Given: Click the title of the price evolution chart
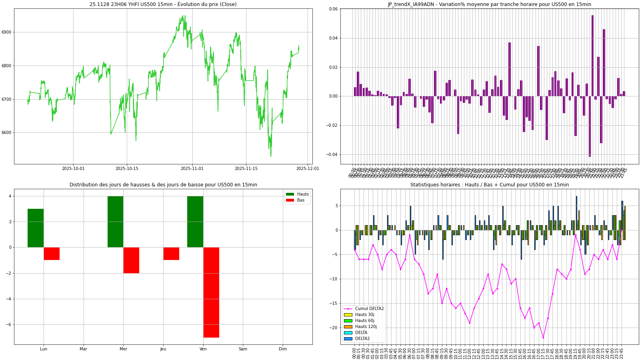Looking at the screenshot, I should pos(163,4).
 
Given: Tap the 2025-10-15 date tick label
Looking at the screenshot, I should pos(127,168).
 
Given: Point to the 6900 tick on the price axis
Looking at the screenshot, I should pos(7,32).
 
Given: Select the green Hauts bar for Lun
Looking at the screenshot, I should pos(36,228).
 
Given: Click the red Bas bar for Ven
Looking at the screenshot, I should pos(211,292).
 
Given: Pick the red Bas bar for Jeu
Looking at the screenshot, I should pos(171,254).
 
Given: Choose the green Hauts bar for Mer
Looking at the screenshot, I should pos(115,222).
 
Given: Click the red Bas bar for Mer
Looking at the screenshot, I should pos(131,260).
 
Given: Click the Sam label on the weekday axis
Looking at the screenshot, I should pos(243,349).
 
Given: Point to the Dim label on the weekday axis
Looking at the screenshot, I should pos(283,349).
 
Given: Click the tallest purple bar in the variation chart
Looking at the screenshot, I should pos(592,56).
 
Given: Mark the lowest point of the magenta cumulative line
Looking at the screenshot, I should pos(543,338).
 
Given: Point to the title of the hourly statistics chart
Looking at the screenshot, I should pos(489,185).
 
